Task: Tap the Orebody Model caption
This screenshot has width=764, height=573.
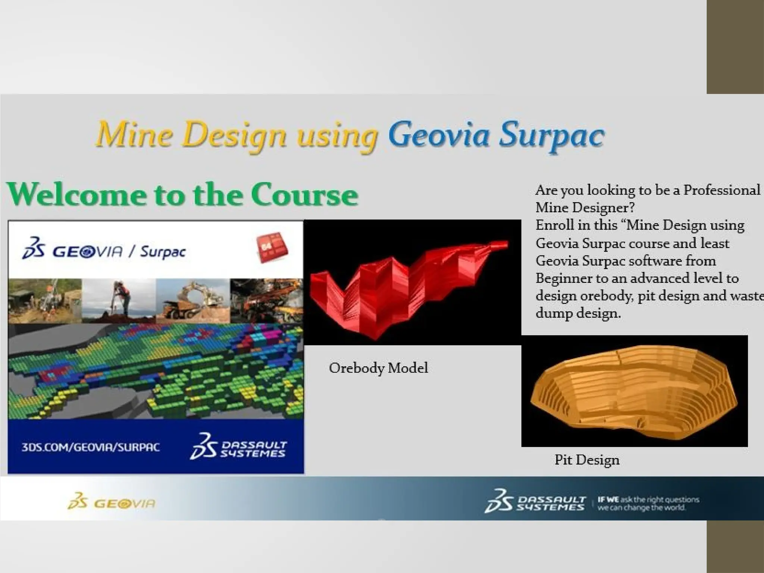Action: [x=378, y=368]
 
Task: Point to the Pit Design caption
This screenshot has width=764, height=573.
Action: [x=587, y=460]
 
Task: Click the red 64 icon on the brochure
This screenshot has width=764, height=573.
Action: [x=272, y=247]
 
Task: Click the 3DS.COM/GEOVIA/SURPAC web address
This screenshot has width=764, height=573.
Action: [x=91, y=447]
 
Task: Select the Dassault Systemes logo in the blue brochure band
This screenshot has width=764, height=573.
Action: [x=239, y=447]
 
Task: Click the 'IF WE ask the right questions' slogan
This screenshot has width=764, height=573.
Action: [x=648, y=503]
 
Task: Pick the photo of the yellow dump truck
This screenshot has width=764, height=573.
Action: [x=192, y=301]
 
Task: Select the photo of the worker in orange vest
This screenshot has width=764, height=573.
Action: [x=119, y=301]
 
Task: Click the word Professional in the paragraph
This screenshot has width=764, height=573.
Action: [x=721, y=190]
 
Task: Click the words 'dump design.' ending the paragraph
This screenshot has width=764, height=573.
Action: [x=578, y=313]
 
